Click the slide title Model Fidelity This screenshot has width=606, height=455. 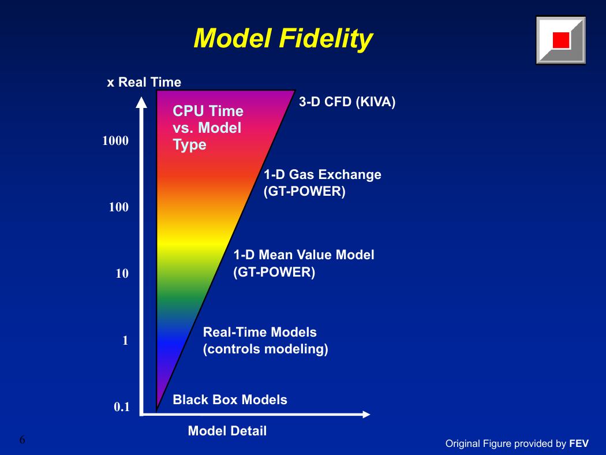click(283, 39)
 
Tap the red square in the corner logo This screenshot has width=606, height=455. click(561, 40)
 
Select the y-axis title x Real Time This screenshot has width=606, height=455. click(144, 82)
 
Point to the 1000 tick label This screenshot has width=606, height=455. click(115, 140)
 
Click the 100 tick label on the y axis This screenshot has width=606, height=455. click(119, 207)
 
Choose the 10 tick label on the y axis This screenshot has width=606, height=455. click(122, 273)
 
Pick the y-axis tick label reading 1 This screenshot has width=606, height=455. click(125, 340)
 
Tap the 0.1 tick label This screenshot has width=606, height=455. click(122, 406)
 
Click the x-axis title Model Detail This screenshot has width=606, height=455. click(227, 431)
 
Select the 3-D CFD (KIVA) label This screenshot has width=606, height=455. click(347, 102)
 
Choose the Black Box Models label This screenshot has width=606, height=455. click(230, 400)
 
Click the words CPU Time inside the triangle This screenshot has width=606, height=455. click(208, 111)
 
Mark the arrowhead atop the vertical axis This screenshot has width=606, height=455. click(141, 102)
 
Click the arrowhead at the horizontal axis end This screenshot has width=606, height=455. click(366, 415)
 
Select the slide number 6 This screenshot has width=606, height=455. click(22, 439)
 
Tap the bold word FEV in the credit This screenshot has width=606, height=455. click(579, 443)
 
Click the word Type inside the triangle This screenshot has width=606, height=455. click(189, 145)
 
